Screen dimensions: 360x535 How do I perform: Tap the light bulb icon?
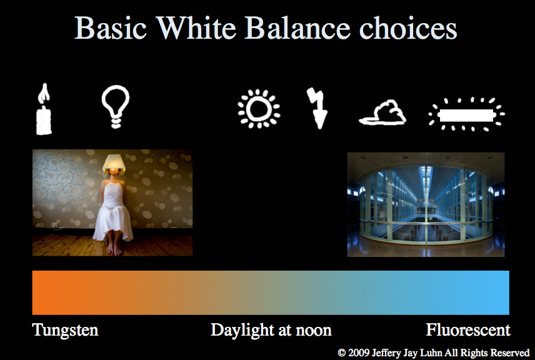[116, 107]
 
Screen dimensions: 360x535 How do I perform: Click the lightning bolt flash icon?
[317, 108]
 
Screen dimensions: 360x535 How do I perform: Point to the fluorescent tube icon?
[467, 114]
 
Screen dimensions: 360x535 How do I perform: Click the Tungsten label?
[65, 330]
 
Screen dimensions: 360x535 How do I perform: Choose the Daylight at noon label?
[271, 330]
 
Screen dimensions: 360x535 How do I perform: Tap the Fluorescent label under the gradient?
[468, 330]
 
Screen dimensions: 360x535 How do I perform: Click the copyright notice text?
[434, 352]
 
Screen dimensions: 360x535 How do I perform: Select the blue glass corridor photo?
[426, 204]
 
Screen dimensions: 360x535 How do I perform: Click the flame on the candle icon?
[42, 94]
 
